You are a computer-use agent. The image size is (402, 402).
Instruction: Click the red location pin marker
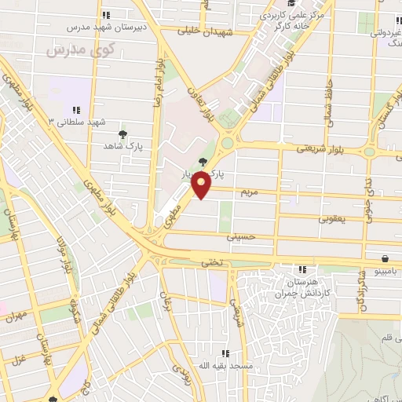202,185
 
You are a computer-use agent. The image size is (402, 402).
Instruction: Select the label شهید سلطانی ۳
77,122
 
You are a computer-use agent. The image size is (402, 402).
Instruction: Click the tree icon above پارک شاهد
122,134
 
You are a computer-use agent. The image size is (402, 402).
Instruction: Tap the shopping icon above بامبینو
385,258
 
